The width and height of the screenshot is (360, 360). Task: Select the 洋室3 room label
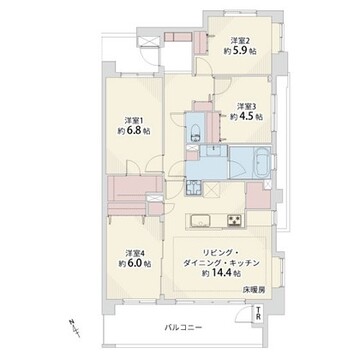pos(247,106)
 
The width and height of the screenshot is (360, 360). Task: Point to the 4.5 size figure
pos(247,117)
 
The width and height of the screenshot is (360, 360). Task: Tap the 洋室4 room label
pos(135,252)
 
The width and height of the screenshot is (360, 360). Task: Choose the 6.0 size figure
pos(135,263)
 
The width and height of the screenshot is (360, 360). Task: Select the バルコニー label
pos(184,327)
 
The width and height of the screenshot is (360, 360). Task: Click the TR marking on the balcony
pos(258,315)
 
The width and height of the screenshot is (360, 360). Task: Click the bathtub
pos(262,163)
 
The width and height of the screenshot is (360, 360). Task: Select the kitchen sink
pos(200,220)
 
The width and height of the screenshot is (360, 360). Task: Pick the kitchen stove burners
pos(235,220)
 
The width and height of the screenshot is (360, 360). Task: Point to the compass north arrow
pos(74,327)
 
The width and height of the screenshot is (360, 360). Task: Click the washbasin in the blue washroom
pos(212,151)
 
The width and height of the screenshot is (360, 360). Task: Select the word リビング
pos(219,252)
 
